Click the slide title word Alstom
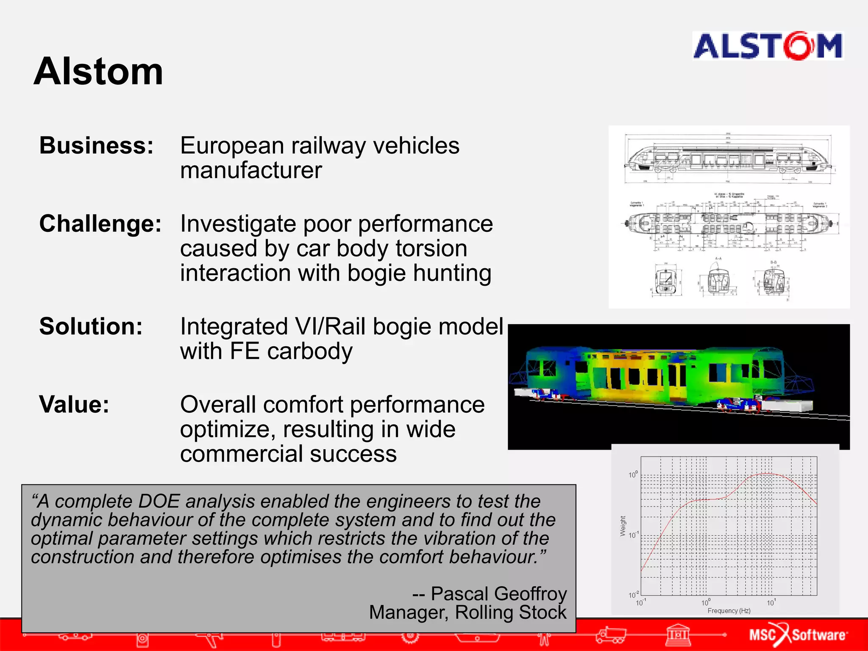pyautogui.click(x=98, y=72)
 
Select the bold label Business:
pyautogui.click(x=96, y=145)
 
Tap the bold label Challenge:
pyautogui.click(x=100, y=223)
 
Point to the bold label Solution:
pyautogui.click(x=91, y=326)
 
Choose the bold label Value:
pyautogui.click(x=74, y=404)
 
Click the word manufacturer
pyautogui.click(x=251, y=170)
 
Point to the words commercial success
pyautogui.click(x=288, y=454)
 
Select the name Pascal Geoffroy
pyautogui.click(x=498, y=594)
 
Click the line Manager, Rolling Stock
pyautogui.click(x=467, y=612)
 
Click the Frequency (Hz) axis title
pyautogui.click(x=729, y=611)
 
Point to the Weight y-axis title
pyautogui.click(x=623, y=526)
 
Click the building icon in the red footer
pyautogui.click(x=678, y=634)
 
